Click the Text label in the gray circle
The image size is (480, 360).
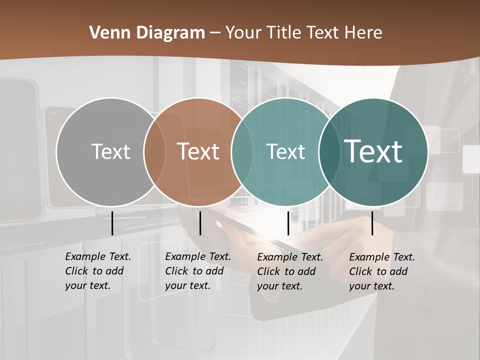(x=110, y=151)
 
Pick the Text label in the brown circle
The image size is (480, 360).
(x=198, y=151)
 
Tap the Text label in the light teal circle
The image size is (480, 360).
(x=285, y=151)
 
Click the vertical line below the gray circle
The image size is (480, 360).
(x=112, y=223)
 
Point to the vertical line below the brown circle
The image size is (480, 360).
(x=200, y=223)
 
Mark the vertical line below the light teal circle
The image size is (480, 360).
(x=288, y=223)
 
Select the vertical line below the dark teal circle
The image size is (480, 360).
(x=372, y=223)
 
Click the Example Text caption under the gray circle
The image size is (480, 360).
(x=97, y=271)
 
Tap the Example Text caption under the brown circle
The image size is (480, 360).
(x=197, y=271)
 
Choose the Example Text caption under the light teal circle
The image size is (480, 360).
(x=289, y=271)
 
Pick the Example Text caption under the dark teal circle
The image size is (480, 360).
(x=381, y=271)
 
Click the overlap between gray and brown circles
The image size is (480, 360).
(x=154, y=152)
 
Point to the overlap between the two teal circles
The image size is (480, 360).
(x=330, y=152)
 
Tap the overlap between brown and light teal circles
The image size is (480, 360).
(x=242, y=152)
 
